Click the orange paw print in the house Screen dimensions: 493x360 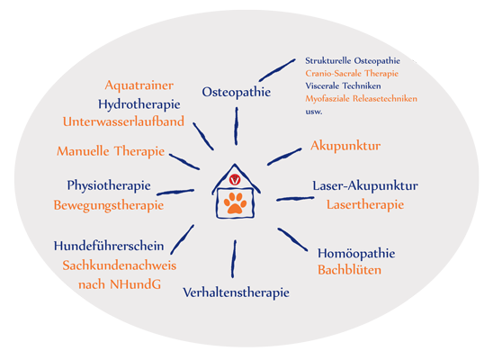[235, 203]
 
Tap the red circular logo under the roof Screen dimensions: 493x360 [235, 180]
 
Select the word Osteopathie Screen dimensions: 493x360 [236, 92]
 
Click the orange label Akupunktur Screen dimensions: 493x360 [345, 146]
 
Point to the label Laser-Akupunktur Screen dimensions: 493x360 [365, 185]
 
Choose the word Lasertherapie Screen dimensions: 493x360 [365, 205]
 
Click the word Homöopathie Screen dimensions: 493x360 [356, 254]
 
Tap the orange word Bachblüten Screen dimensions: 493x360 [349, 270]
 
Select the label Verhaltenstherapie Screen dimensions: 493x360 [236, 292]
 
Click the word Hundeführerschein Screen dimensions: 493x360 [109, 246]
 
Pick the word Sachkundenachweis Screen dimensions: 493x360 [119, 265]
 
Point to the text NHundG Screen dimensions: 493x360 [135, 284]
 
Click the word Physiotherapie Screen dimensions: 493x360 [109, 185]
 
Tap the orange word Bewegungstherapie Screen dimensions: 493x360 [109, 205]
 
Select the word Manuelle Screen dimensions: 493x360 [83, 151]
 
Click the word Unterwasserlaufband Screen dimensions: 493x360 [123, 122]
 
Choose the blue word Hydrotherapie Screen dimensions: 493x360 [139, 104]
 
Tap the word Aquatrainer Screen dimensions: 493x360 [139, 85]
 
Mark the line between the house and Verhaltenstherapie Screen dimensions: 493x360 [234, 259]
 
